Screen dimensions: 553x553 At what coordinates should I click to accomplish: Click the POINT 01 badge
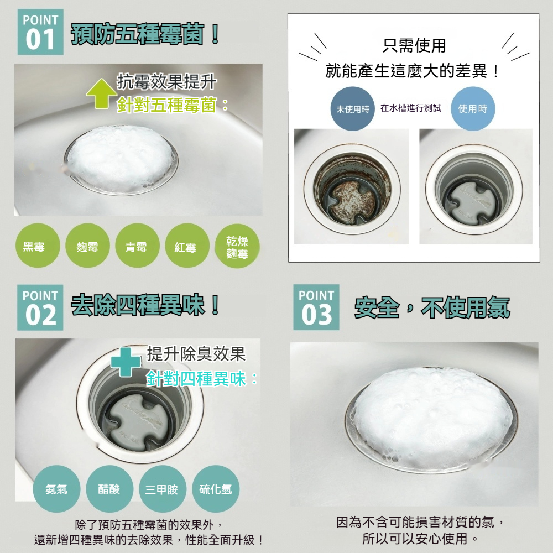[40, 32]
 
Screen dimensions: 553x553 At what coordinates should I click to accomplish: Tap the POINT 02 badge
[40, 307]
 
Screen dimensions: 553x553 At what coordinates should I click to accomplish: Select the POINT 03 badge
[316, 307]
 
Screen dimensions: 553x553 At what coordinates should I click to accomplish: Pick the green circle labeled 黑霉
[34, 247]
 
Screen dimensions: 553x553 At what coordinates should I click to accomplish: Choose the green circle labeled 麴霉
[87, 247]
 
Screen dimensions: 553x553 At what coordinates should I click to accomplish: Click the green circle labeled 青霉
[135, 247]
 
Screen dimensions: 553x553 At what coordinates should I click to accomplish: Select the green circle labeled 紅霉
[185, 247]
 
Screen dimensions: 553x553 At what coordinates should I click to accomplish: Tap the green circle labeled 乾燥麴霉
[237, 247]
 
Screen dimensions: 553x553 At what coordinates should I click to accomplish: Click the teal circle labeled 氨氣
[56, 489]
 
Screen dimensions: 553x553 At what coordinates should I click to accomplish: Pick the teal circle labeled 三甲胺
[161, 489]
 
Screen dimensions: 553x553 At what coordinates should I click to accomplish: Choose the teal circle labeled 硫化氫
[215, 489]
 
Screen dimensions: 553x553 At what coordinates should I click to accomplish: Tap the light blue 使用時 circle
[473, 109]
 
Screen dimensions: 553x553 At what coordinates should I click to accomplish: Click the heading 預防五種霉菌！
[146, 35]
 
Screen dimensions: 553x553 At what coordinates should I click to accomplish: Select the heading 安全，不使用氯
[432, 307]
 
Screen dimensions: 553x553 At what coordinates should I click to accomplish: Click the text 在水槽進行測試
[411, 108]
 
